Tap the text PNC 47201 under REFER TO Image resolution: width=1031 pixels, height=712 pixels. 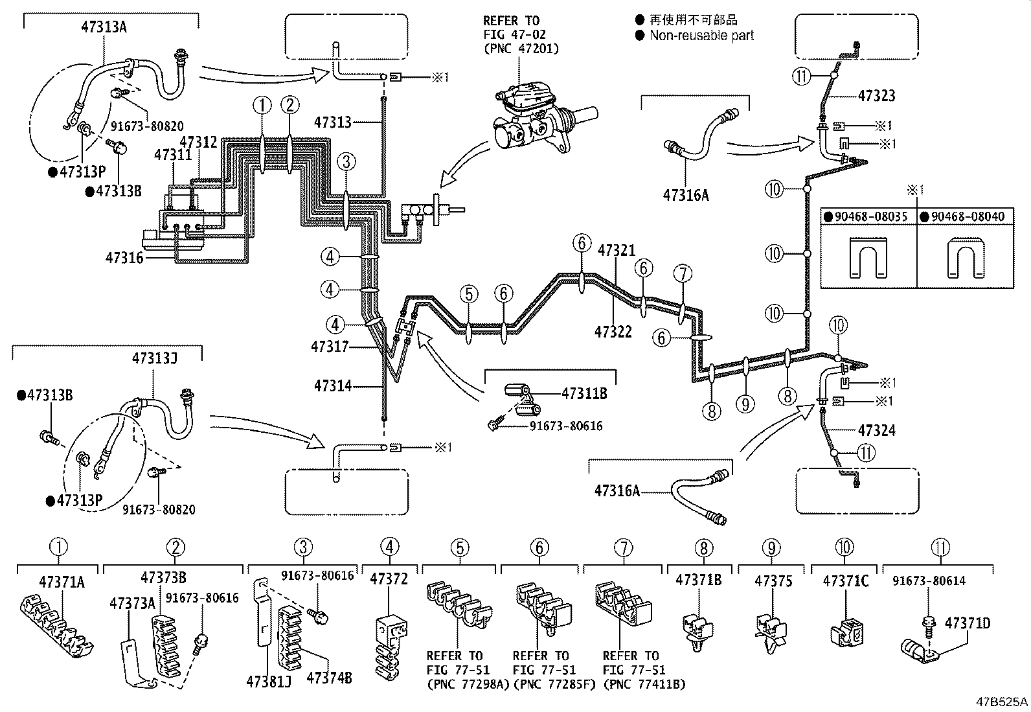pos(520,49)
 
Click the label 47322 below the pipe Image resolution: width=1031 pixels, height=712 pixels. pos(613,332)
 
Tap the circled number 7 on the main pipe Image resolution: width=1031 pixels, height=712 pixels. pos(683,274)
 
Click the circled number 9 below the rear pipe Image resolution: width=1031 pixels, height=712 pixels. pos(745,404)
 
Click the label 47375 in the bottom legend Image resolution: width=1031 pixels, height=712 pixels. pos(773,580)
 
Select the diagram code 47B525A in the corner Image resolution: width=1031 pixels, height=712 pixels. pos(1002,702)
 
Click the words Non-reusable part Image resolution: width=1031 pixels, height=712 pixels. pos(701,36)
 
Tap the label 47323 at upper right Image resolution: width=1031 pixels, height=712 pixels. pos(876,96)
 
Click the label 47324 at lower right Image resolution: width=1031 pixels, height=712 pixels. pos(876,430)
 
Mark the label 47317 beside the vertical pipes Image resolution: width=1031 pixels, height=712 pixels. pos(330,347)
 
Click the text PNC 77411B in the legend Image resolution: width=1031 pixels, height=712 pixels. pos(644,684)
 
